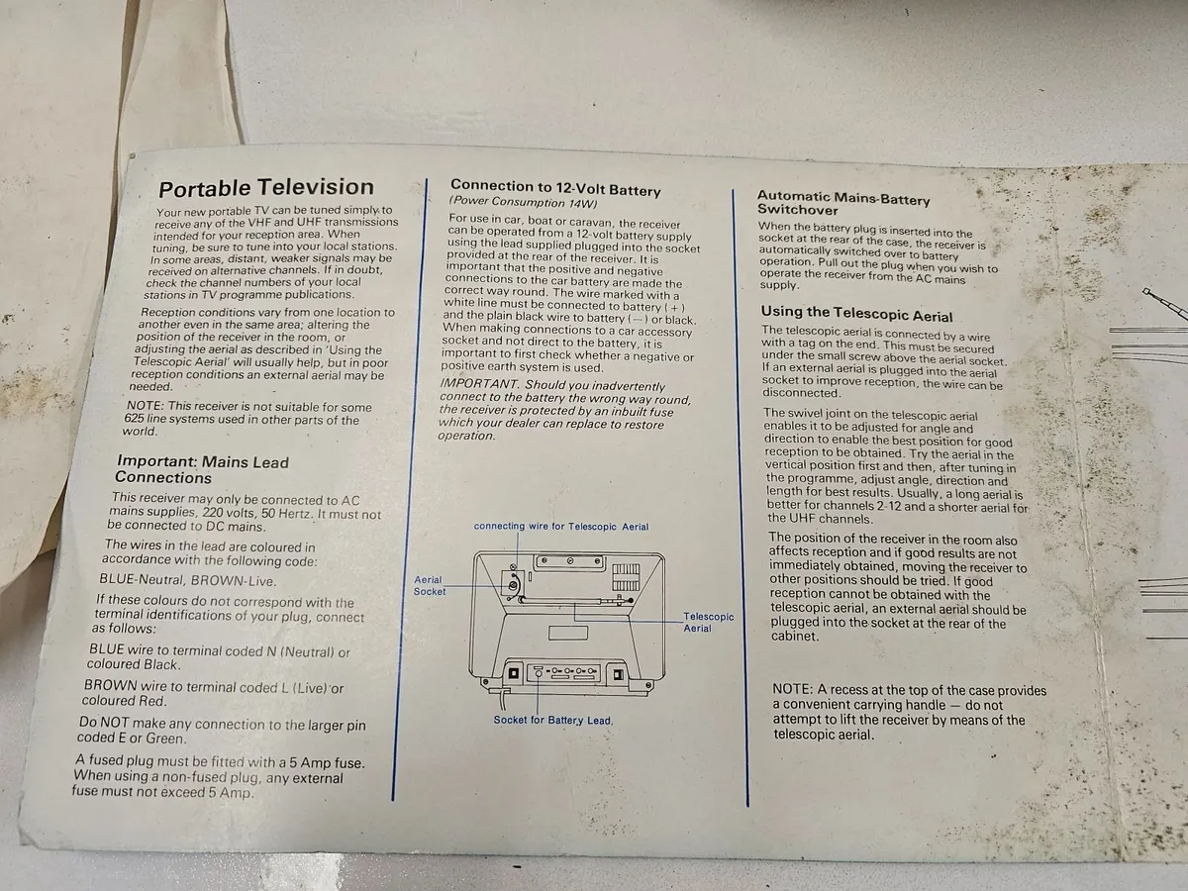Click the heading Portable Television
click(265, 188)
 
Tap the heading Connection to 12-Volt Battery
click(555, 188)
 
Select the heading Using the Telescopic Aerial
click(856, 314)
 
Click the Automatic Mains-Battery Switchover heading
click(843, 203)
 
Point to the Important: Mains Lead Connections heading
click(202, 469)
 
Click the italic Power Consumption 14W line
click(524, 202)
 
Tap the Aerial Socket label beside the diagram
click(429, 586)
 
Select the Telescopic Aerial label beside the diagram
click(708, 622)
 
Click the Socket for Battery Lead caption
click(552, 720)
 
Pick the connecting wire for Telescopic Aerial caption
click(560, 527)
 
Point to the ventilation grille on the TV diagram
click(626, 577)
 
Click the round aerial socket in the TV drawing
click(514, 584)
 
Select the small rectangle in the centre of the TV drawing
click(567, 633)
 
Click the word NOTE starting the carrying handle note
click(792, 689)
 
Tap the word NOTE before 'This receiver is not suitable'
click(145, 406)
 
